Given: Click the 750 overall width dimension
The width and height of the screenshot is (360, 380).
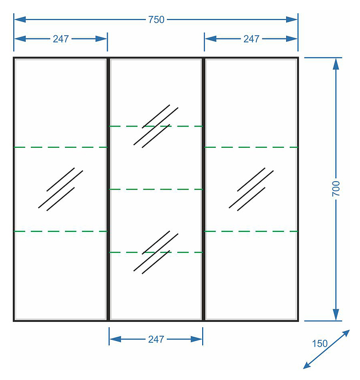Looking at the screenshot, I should tap(156, 20).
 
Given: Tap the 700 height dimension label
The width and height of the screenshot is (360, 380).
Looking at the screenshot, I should tap(336, 189).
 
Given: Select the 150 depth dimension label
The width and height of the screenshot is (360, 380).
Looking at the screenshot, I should tap(320, 344).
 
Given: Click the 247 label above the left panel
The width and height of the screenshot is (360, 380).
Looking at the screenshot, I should tap(61, 39).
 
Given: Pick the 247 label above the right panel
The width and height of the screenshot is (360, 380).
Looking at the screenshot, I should tap(251, 39).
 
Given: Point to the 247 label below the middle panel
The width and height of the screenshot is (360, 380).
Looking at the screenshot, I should tap(156, 339).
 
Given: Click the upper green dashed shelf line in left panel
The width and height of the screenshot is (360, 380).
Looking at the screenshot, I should tap(61, 147).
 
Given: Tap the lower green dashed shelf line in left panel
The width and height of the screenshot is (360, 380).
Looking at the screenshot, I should tap(61, 231).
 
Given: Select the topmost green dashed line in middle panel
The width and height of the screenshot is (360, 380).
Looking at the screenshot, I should tap(156, 126).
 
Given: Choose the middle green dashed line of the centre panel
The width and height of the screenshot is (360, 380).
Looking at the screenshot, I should tap(156, 189).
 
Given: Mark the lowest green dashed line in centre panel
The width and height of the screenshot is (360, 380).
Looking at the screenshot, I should tap(156, 252).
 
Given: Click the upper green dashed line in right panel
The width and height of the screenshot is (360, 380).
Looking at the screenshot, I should tap(251, 147).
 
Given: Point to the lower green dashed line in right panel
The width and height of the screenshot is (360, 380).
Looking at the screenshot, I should tap(251, 231).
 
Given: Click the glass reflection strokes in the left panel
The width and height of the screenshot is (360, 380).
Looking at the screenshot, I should tap(61, 189).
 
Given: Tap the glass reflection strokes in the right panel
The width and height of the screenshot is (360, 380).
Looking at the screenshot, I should tap(251, 189).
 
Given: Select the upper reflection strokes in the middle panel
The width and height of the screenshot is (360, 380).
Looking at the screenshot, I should tap(156, 126).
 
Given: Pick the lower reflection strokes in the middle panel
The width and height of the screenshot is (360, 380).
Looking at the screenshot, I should tap(156, 252).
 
